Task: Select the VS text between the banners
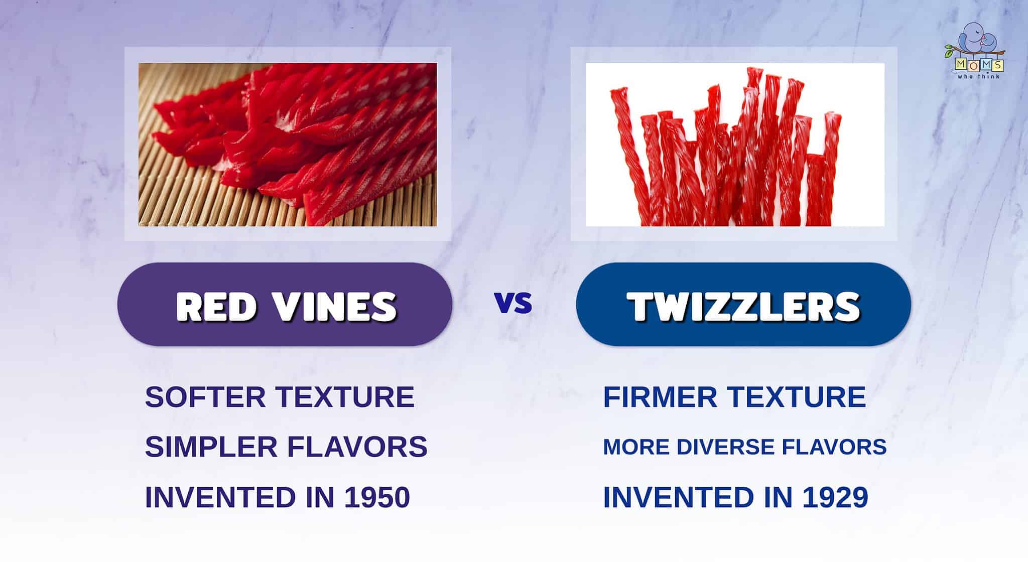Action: pyautogui.click(x=513, y=303)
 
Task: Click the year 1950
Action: pyautogui.click(x=377, y=497)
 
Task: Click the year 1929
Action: pyautogui.click(x=836, y=497)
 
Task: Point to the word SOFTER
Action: pyautogui.click(x=205, y=397)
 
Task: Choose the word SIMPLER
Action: pyautogui.click(x=211, y=447)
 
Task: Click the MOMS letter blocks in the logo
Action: pyautogui.click(x=979, y=65)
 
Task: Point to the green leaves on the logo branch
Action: pyautogui.click(x=949, y=50)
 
